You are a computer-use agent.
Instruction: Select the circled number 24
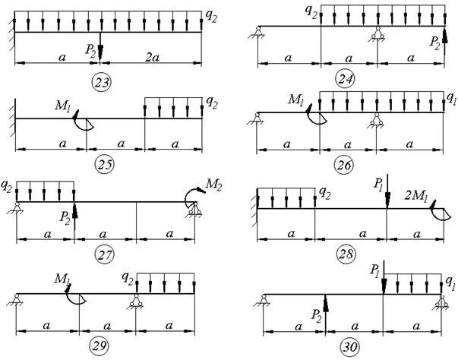coord(348,79)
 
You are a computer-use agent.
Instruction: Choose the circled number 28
coord(347,253)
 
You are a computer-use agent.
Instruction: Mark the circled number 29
coord(99,346)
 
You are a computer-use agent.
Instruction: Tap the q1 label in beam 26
coord(451,98)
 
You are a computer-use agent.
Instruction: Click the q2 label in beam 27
coord(7,184)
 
